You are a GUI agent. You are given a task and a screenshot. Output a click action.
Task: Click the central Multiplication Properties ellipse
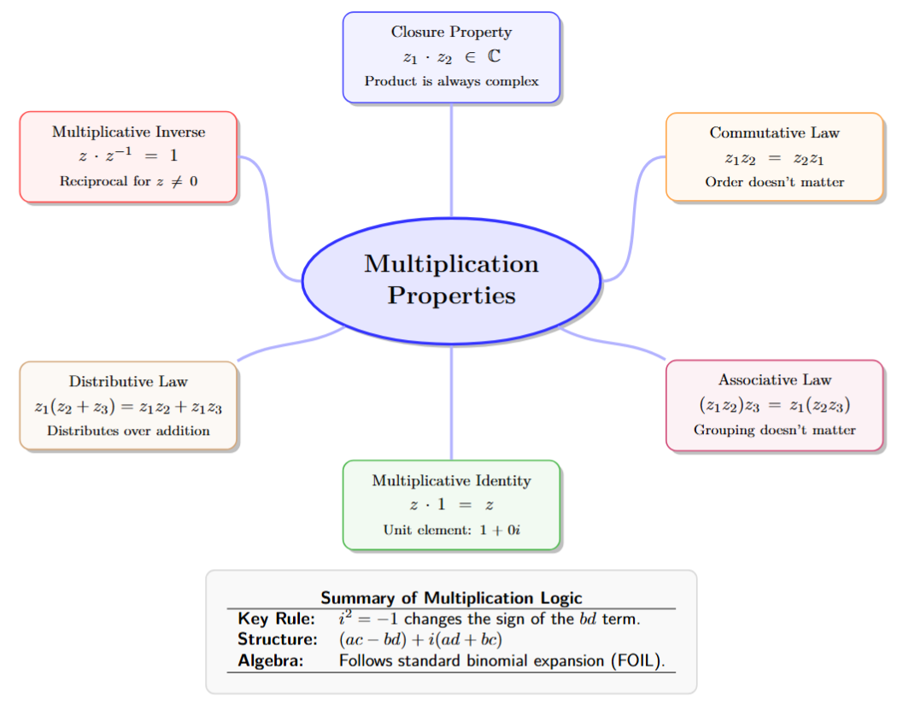click(x=451, y=279)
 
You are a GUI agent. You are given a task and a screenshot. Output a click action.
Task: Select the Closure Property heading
click(x=451, y=32)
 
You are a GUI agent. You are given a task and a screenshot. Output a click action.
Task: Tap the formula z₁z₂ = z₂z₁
click(x=774, y=158)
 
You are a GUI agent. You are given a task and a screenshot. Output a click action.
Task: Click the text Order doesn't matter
click(x=774, y=182)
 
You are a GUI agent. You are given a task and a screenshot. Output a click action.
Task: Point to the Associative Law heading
click(x=774, y=380)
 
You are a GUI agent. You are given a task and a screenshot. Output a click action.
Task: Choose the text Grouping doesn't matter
click(x=774, y=430)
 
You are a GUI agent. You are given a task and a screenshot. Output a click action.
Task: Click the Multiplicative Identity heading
click(x=451, y=481)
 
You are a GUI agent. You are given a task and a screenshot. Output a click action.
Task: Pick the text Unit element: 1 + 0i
click(x=451, y=530)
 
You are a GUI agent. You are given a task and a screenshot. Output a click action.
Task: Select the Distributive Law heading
click(x=128, y=382)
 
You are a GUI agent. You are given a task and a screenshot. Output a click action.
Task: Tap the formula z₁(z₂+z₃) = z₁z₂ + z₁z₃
click(x=128, y=407)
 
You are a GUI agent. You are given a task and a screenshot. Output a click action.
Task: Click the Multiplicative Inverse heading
click(x=128, y=132)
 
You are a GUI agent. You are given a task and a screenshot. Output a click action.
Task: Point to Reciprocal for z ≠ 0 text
click(x=128, y=181)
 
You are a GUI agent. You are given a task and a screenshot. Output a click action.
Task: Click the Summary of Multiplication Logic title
click(x=451, y=598)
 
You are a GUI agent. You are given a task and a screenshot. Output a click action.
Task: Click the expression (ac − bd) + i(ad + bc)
click(x=419, y=639)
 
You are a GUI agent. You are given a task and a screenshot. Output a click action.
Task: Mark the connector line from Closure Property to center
click(x=451, y=162)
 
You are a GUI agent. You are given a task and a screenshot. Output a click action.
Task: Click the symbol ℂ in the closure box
click(x=494, y=57)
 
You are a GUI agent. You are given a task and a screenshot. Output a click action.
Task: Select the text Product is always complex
click(x=451, y=82)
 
